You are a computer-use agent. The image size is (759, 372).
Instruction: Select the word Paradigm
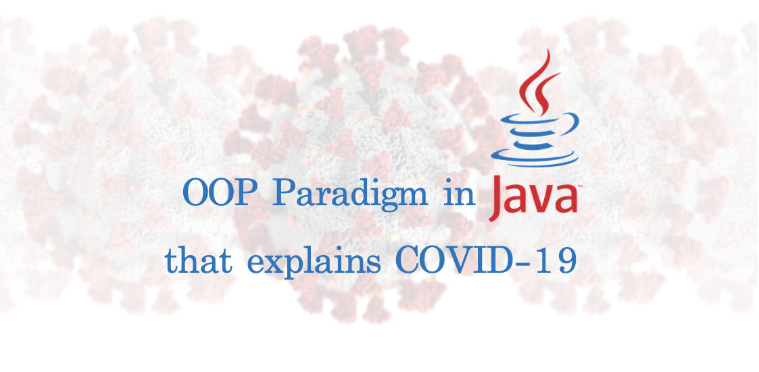(350, 195)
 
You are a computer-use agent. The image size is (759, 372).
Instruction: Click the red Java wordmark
(533, 197)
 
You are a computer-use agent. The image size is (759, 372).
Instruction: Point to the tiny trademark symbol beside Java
(579, 186)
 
